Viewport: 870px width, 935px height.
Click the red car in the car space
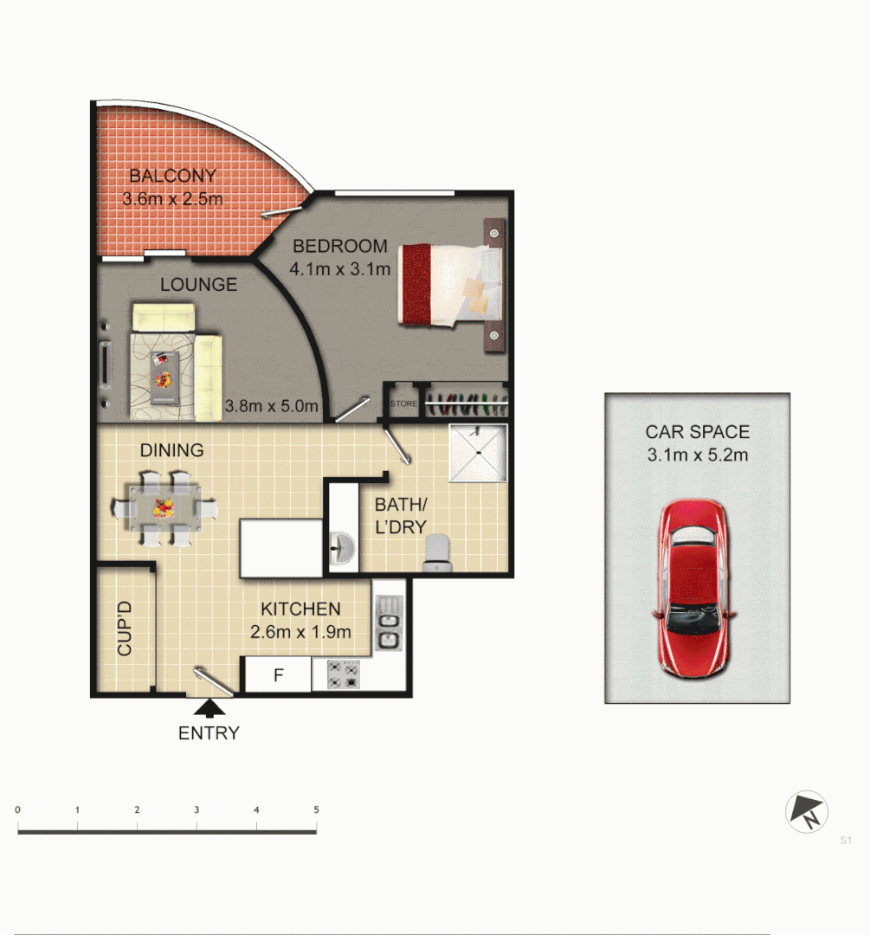click(694, 589)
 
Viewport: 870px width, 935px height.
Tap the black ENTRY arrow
click(208, 709)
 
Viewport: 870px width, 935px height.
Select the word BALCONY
click(173, 176)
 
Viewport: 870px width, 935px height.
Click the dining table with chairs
click(164, 507)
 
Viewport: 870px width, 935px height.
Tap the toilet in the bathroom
click(438, 551)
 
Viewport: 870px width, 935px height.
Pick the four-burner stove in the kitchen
click(343, 674)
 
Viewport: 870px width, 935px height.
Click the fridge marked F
click(278, 675)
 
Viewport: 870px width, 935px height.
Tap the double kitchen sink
click(390, 623)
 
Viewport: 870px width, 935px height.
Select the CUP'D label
click(125, 629)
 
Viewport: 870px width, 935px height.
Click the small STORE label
click(403, 403)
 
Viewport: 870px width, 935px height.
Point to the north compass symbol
click(807, 813)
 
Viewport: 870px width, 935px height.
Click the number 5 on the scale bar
click(316, 809)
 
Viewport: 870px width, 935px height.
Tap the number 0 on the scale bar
click(17, 809)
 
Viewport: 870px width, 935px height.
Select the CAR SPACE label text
click(697, 432)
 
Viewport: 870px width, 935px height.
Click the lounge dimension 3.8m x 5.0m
click(272, 405)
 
